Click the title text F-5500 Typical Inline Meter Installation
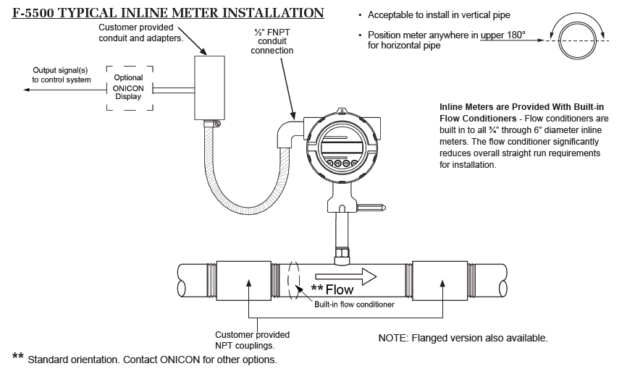[x=168, y=13]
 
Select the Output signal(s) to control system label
[x=62, y=75]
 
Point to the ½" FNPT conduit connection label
[x=272, y=41]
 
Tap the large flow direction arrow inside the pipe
[x=345, y=276]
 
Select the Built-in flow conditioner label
[x=354, y=305]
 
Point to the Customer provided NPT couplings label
[x=252, y=339]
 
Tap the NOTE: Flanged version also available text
[x=463, y=338]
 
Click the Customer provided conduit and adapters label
[x=140, y=33]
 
